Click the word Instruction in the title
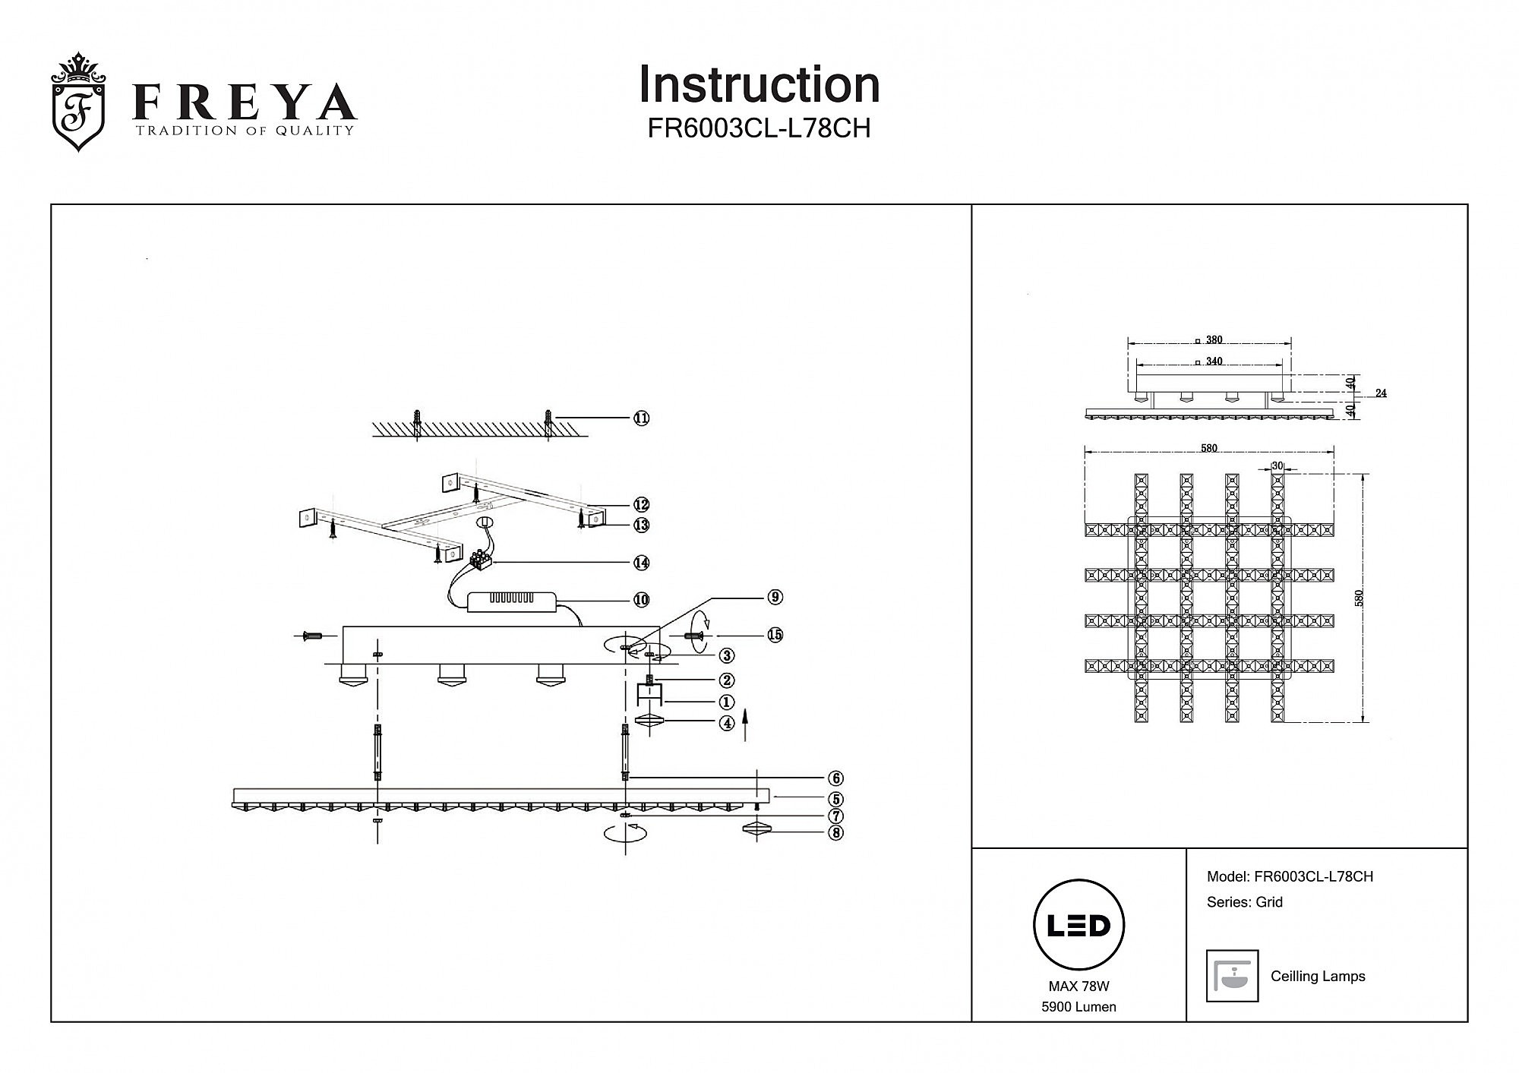(x=759, y=84)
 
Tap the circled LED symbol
(x=1078, y=925)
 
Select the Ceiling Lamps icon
(x=1232, y=976)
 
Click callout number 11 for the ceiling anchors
(x=642, y=418)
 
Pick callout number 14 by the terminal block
(x=642, y=563)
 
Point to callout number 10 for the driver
(x=642, y=600)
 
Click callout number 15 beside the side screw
(x=775, y=635)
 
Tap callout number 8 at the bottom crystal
(x=835, y=833)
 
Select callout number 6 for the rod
(x=835, y=778)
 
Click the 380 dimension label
(x=1214, y=340)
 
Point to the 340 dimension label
(x=1214, y=361)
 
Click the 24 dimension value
(x=1381, y=393)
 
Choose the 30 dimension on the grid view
(x=1277, y=466)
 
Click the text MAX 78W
(x=1078, y=986)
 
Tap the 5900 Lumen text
(x=1078, y=1007)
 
